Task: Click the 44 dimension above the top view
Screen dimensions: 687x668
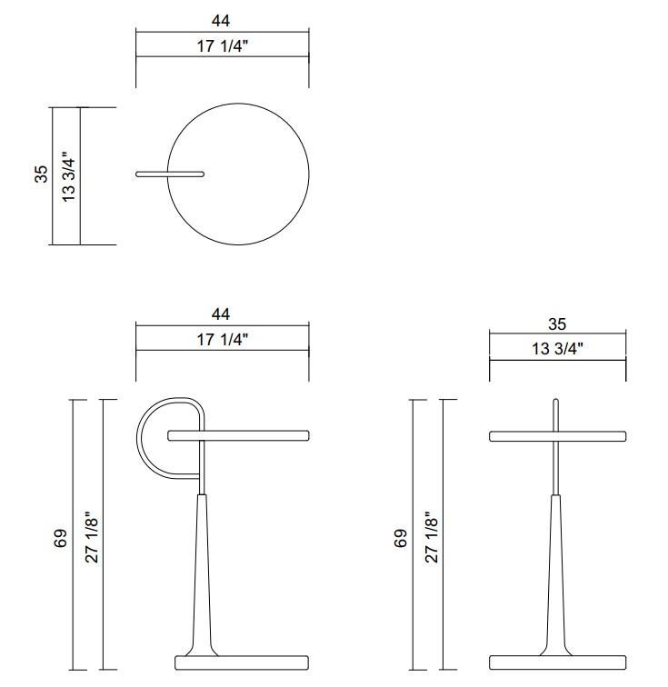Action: pyautogui.click(x=221, y=18)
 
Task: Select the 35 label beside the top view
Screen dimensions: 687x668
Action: pyautogui.click(x=41, y=174)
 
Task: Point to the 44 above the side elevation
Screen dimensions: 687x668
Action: pyautogui.click(x=221, y=314)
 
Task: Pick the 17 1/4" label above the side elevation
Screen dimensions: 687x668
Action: pyautogui.click(x=221, y=339)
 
